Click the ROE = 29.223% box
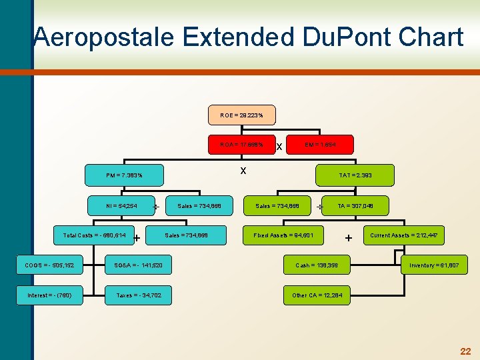pos(241,115)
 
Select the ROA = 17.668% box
pos(241,144)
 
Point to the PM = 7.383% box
pos(124,175)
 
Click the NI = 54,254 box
pos(121,206)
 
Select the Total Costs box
pos(94,235)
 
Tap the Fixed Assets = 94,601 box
pos(288,235)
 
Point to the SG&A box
pos(139,265)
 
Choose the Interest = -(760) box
pos(50,295)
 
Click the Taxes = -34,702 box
pos(139,295)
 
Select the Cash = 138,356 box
pos(317,265)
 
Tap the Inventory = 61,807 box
pos(434,265)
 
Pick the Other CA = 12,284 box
pos(317,295)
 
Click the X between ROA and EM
pos(279,146)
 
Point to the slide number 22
pos(465,351)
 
